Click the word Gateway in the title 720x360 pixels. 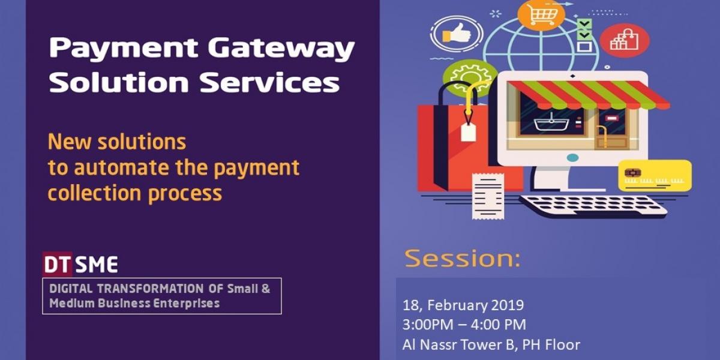(x=281, y=49)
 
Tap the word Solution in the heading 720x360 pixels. (x=119, y=82)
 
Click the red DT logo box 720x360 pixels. (x=57, y=264)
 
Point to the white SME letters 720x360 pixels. (x=97, y=265)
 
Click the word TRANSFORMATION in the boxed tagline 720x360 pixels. (x=150, y=289)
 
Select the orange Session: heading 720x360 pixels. (x=462, y=258)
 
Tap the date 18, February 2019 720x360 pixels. (x=463, y=305)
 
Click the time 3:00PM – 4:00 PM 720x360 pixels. (x=464, y=325)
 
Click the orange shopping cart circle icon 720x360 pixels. (x=541, y=14)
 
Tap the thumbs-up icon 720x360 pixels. (x=457, y=34)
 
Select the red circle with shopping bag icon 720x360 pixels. (x=625, y=41)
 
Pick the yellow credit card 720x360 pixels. (x=655, y=175)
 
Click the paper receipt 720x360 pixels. (x=488, y=196)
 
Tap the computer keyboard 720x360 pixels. (x=593, y=206)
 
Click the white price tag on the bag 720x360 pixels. (x=469, y=132)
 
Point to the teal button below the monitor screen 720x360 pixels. (x=572, y=158)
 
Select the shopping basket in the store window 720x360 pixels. (x=551, y=122)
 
